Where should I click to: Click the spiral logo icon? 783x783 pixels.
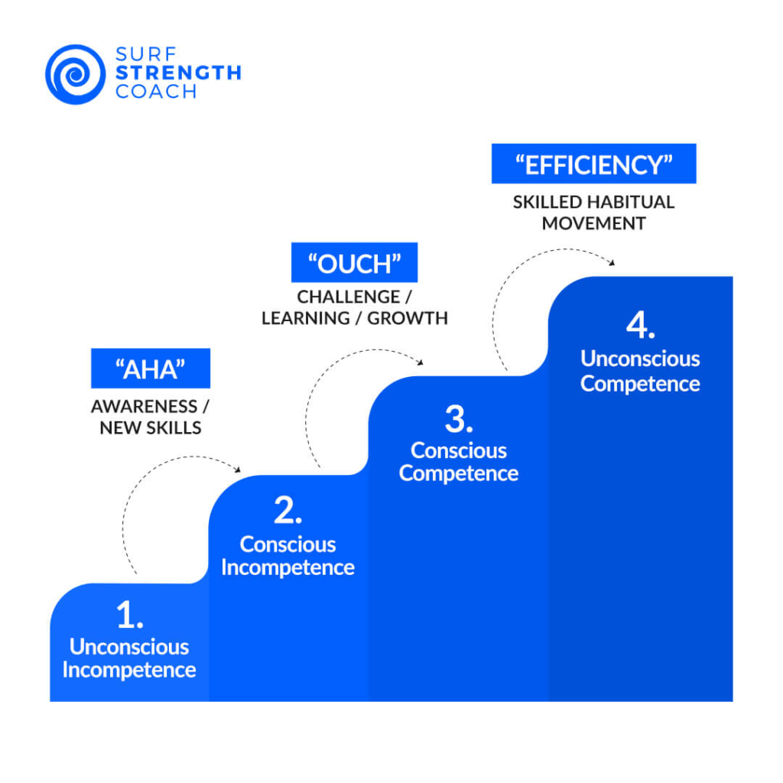click(76, 74)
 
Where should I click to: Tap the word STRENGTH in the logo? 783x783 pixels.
click(178, 73)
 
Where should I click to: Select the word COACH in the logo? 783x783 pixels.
click(156, 92)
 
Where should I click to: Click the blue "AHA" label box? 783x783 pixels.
click(151, 369)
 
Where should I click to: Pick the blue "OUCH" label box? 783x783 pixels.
click(354, 263)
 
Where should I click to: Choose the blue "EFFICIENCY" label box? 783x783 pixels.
click(593, 164)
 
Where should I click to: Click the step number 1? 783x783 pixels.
click(130, 615)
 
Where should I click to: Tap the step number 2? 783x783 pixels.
click(288, 511)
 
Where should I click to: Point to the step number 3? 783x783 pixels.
click(459, 419)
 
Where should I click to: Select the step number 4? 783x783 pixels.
click(640, 325)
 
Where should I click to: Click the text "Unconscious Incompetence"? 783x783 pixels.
click(129, 658)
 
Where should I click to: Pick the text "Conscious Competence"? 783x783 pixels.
click(459, 462)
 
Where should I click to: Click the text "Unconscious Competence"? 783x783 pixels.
click(640, 371)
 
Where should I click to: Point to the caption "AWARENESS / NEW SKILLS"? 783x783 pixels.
click(151, 417)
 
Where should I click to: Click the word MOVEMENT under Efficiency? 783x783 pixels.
click(593, 223)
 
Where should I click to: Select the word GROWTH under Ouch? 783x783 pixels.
click(408, 318)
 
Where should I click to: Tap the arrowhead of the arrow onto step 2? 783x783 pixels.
click(239, 469)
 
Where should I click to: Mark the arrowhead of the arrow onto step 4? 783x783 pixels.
click(612, 263)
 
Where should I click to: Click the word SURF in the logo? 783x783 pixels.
click(146, 54)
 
